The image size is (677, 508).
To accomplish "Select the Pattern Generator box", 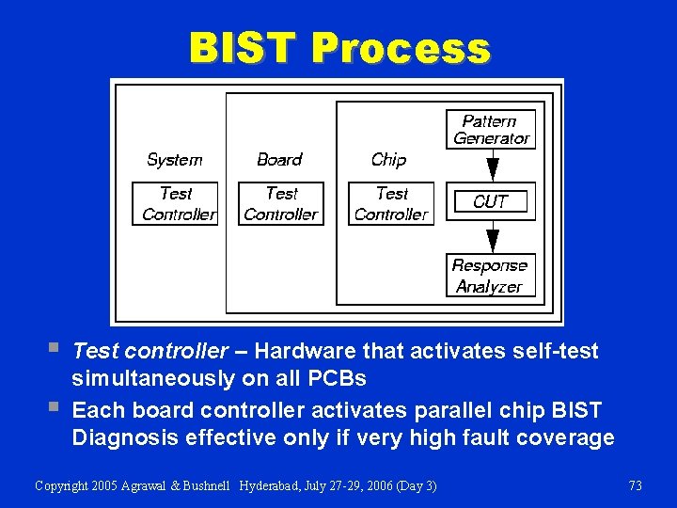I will [x=491, y=130].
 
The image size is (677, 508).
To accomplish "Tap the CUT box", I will [x=490, y=201].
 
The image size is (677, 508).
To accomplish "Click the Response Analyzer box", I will [x=490, y=276].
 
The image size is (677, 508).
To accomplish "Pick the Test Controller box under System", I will [x=175, y=203].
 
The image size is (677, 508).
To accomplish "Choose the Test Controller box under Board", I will [x=281, y=203].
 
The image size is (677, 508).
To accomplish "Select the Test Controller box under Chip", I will [x=391, y=203].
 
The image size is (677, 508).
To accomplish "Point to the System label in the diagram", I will [x=174, y=160].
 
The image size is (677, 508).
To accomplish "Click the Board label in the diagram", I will [x=279, y=160].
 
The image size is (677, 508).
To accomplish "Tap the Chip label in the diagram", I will [x=388, y=160].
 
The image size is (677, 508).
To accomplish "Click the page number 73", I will [x=635, y=485].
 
